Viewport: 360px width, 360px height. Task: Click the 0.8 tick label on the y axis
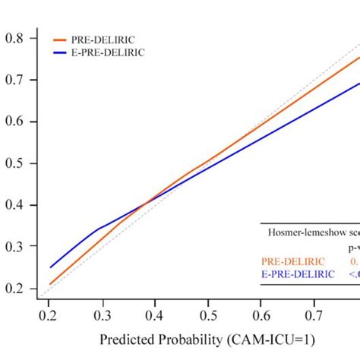click(15, 38)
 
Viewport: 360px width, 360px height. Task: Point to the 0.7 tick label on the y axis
click(15, 80)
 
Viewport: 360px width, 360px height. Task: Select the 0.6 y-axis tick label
click(15, 122)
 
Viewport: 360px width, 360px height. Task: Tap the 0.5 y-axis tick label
click(15, 163)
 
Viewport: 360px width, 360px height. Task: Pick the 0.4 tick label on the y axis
click(15, 205)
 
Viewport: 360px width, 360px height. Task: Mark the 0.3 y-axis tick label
click(15, 247)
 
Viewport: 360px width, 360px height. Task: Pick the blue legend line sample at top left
click(62, 53)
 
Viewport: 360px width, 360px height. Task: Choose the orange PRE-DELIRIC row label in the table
click(291, 261)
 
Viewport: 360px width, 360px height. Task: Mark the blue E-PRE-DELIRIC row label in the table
click(296, 274)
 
